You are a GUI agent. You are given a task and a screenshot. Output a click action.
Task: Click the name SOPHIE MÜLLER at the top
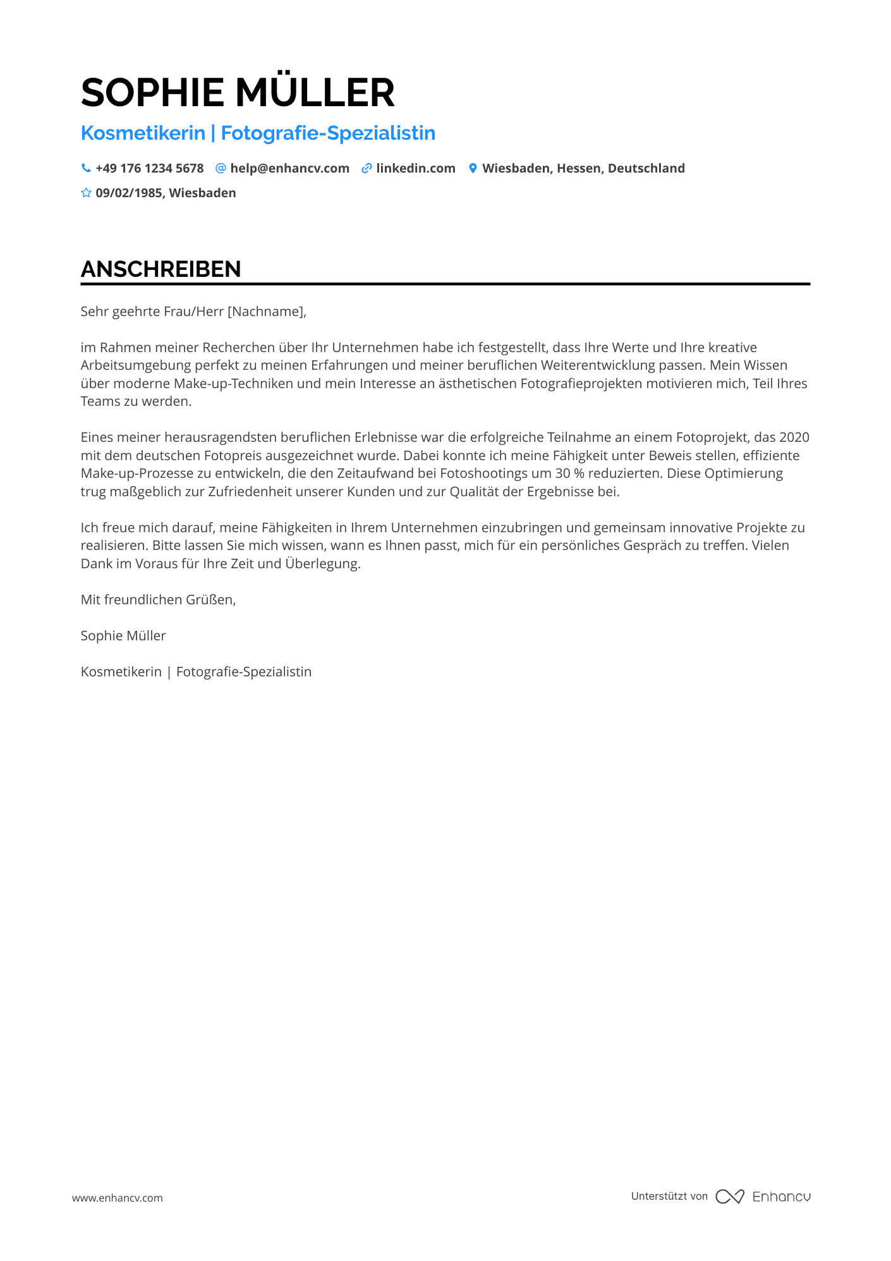(x=238, y=92)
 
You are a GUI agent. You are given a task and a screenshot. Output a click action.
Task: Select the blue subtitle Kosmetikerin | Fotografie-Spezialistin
(x=258, y=133)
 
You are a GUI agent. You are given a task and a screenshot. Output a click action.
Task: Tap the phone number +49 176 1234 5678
(x=149, y=168)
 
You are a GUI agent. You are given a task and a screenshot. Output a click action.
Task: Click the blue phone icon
(x=86, y=168)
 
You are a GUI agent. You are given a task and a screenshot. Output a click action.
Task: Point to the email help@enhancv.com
(x=289, y=168)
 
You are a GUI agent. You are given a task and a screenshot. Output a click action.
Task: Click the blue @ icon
(x=221, y=168)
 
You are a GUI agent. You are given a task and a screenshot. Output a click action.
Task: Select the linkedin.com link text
(x=416, y=168)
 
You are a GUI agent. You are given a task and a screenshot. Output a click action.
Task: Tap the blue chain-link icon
(x=367, y=168)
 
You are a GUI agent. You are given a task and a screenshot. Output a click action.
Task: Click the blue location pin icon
(x=473, y=168)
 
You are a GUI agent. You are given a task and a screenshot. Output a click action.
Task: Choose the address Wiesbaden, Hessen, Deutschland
(x=583, y=168)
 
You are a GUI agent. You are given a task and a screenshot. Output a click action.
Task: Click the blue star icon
(x=86, y=193)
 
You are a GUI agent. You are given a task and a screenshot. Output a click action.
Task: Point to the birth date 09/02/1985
(x=129, y=193)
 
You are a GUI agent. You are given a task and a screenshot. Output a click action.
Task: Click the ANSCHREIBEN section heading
(x=161, y=269)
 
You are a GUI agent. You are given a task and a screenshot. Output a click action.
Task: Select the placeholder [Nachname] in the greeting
(x=265, y=312)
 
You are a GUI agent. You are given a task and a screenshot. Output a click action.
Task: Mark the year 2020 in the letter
(x=794, y=437)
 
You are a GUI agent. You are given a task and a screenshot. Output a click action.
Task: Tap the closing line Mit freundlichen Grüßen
(x=158, y=600)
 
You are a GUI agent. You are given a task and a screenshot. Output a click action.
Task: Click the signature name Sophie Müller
(x=123, y=636)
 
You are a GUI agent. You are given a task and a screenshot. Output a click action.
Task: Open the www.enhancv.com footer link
(x=118, y=1198)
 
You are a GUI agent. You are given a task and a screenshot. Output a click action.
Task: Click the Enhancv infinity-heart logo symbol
(x=730, y=1197)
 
